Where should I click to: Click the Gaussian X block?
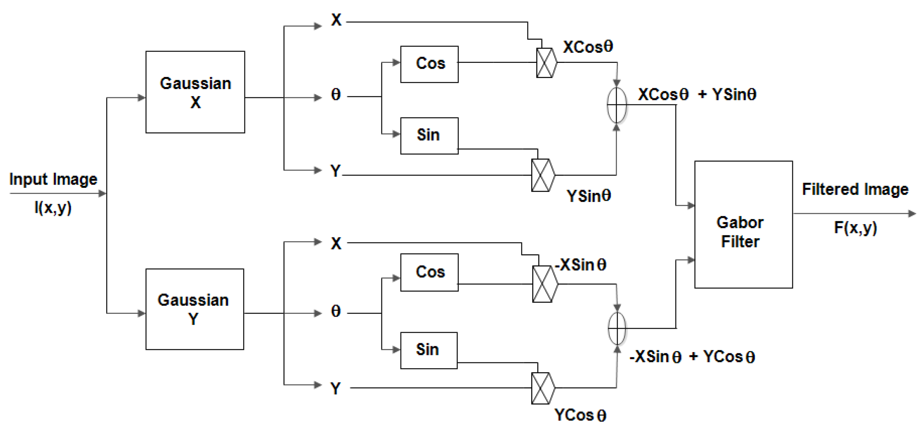(x=195, y=92)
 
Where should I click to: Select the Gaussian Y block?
(x=194, y=309)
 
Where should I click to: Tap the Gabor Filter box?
(x=743, y=225)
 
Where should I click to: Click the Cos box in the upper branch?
(x=429, y=64)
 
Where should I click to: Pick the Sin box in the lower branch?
(x=429, y=350)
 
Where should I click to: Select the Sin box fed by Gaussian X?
(x=429, y=135)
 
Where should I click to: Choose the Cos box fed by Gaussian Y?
(x=429, y=272)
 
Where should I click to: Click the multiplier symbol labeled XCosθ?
(x=546, y=63)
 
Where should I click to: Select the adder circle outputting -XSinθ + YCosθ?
(x=617, y=328)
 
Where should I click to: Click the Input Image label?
(x=53, y=179)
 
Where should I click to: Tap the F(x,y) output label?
(x=855, y=228)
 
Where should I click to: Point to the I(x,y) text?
(x=53, y=207)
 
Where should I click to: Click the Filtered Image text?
(x=855, y=189)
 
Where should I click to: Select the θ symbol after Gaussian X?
(x=336, y=95)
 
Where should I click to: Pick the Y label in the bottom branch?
(x=336, y=388)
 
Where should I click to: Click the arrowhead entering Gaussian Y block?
(x=142, y=313)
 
